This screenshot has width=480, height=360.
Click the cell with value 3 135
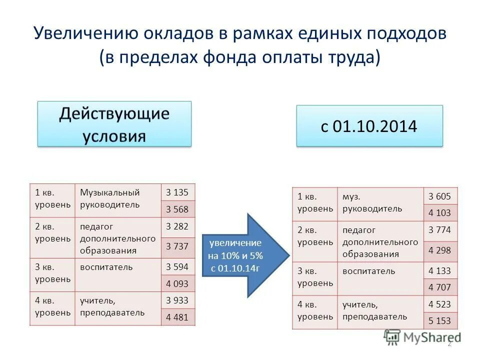pyautogui.click(x=177, y=192)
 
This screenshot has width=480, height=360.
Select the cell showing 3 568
pyautogui.click(x=177, y=209)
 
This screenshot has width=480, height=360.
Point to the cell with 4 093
pyautogui.click(x=177, y=283)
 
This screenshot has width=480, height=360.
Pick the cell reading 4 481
pyautogui.click(x=177, y=317)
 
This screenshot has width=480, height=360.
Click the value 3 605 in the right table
pyautogui.click(x=439, y=196)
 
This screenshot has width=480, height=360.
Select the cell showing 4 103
pyautogui.click(x=439, y=213)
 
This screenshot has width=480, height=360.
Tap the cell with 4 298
pyautogui.click(x=439, y=250)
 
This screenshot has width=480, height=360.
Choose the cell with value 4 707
pyautogui.click(x=439, y=287)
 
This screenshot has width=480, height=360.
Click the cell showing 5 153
pyautogui.click(x=439, y=321)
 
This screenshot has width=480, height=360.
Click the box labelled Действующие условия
pyautogui.click(x=114, y=124)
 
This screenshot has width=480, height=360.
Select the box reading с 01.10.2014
pyautogui.click(x=369, y=126)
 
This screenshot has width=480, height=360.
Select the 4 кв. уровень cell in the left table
pyautogui.click(x=52, y=307)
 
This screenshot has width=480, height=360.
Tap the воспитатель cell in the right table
pyautogui.click(x=379, y=278)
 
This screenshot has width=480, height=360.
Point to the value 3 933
pyautogui.click(x=177, y=300)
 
